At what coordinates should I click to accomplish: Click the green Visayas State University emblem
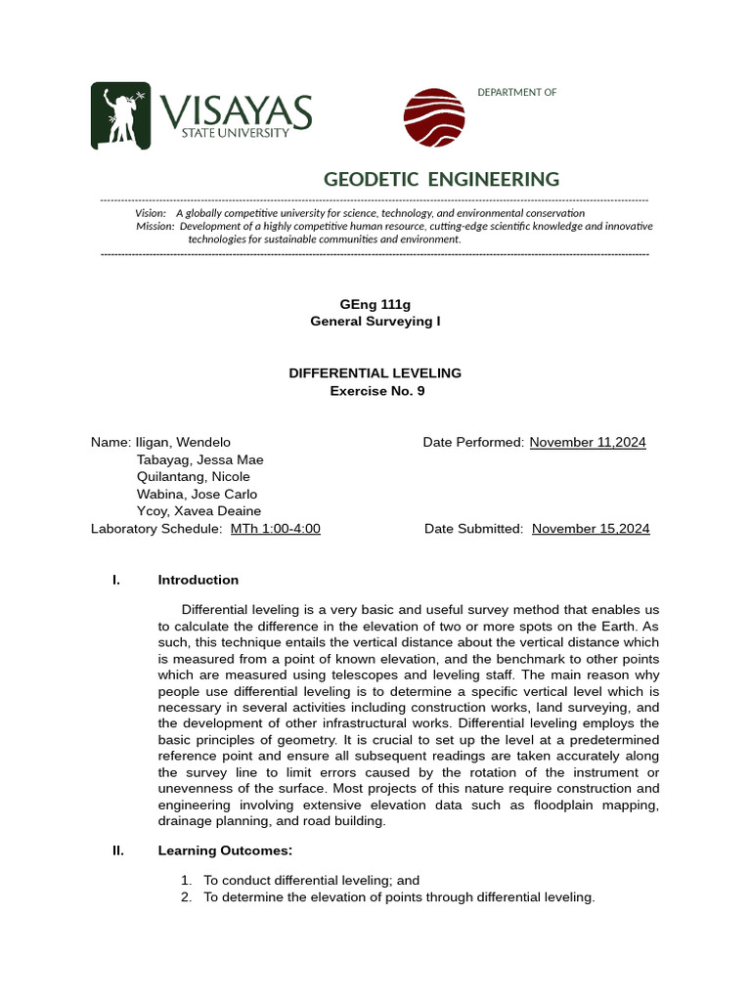(121, 115)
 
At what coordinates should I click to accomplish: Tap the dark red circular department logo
(434, 117)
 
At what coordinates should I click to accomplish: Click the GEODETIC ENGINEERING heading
(441, 179)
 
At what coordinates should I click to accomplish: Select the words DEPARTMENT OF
(516, 92)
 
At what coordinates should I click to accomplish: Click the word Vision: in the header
(151, 213)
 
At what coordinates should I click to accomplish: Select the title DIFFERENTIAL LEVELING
(375, 373)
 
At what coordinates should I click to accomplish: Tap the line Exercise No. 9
(376, 391)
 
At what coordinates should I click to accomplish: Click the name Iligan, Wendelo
(184, 442)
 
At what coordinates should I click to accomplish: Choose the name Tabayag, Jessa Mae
(199, 459)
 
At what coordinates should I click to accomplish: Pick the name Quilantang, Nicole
(194, 477)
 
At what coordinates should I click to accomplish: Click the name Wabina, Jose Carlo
(197, 495)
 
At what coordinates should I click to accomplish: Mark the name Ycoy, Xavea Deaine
(199, 511)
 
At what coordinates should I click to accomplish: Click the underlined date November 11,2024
(588, 442)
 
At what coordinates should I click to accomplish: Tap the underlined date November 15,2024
(591, 529)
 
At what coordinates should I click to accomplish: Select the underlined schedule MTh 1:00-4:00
(275, 529)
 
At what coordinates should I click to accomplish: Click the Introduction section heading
(198, 580)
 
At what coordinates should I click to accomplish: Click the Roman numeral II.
(118, 850)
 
